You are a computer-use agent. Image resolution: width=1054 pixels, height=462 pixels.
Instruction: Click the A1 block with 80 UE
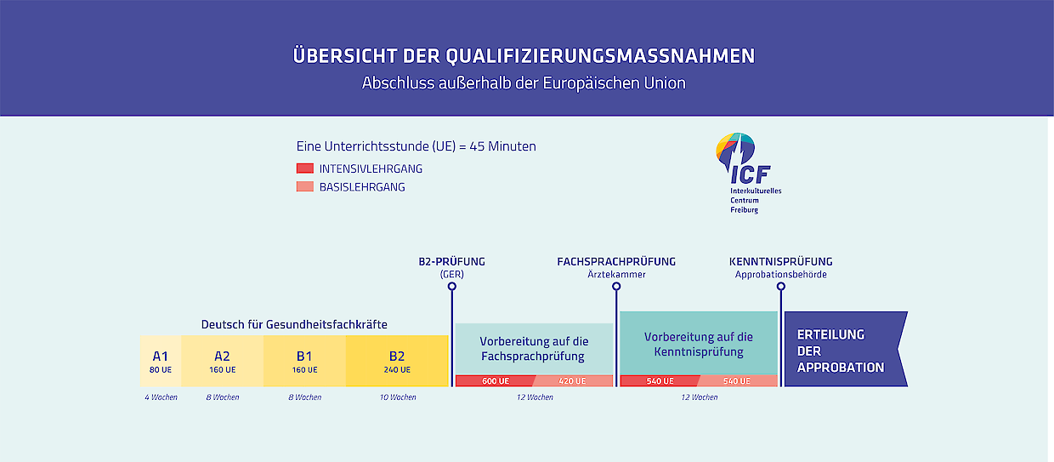pos(161,361)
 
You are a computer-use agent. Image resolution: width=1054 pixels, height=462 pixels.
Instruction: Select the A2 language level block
pos(222,361)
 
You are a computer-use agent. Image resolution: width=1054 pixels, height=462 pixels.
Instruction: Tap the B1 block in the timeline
pos(304,361)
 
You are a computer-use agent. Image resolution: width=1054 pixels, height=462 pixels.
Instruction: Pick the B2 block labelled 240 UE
pos(397,361)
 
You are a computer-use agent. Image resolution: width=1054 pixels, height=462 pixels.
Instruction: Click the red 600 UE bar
pos(495,381)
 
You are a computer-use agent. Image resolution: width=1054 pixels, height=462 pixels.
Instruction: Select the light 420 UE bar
pos(573,381)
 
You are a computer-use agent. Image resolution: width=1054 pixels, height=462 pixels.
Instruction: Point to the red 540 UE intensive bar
pos(660,381)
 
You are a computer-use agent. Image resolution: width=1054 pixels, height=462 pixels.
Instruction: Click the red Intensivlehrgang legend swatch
pos(305,168)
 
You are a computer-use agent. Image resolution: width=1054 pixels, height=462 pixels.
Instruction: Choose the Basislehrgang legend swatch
pos(305,186)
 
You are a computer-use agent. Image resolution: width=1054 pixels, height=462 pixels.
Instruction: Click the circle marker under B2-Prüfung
pos(451,287)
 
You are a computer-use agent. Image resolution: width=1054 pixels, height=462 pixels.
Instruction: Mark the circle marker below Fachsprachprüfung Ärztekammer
pos(616,287)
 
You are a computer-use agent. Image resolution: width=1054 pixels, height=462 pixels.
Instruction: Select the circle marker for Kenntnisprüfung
pos(780,287)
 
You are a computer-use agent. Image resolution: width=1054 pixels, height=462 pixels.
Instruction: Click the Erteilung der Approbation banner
pos(842,350)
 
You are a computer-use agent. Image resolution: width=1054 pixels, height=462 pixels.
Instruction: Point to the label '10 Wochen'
pos(398,397)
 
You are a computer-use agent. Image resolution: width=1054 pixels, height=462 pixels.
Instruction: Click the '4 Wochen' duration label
pos(161,397)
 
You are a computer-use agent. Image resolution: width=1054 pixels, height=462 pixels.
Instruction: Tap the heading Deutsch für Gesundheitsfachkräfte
pos(294,324)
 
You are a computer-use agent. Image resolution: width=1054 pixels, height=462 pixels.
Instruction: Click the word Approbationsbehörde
pos(780,275)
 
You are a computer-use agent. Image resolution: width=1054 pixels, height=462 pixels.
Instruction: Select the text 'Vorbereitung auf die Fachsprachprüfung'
pos(534,349)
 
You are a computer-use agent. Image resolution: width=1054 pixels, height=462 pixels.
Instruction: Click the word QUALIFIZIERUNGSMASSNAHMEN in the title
pos(600,56)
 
